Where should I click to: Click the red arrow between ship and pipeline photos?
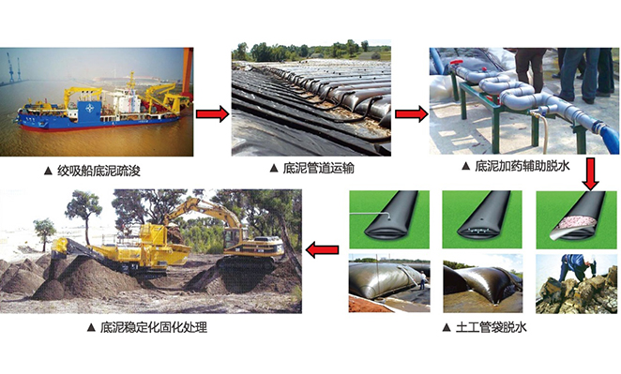click(212, 113)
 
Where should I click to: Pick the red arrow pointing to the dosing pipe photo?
click(408, 114)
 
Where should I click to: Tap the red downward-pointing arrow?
click(590, 172)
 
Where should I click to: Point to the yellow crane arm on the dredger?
click(154, 90)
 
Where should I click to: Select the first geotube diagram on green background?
click(387, 218)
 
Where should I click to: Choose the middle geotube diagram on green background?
click(481, 218)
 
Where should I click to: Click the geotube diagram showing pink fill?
click(576, 218)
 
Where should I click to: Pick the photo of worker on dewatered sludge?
click(576, 283)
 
